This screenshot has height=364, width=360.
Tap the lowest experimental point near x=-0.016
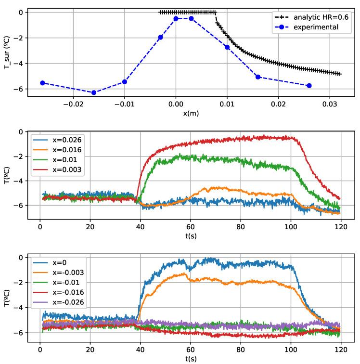tap(94, 92)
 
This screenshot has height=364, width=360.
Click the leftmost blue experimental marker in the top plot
tap(42, 83)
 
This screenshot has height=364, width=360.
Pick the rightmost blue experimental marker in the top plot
tap(309, 85)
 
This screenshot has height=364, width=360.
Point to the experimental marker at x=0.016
tap(258, 77)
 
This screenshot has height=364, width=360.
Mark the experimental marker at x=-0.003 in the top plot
tap(160, 37)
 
